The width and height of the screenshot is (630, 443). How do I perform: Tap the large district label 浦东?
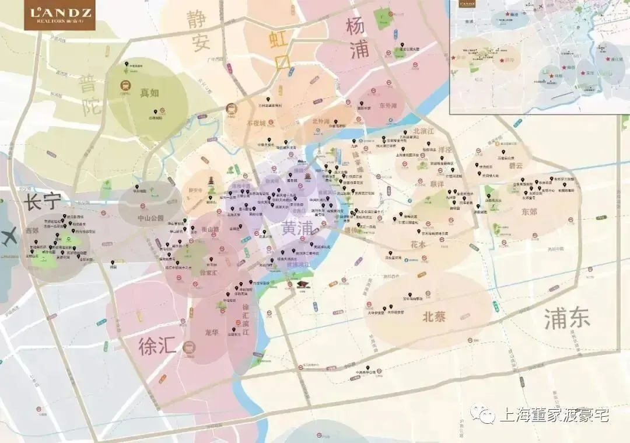point(567,319)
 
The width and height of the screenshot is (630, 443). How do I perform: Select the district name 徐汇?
point(157,346)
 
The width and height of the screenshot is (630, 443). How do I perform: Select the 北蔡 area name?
point(433,317)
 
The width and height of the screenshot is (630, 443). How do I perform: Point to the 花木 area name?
point(418,245)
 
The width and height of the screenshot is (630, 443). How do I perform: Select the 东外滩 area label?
point(387,106)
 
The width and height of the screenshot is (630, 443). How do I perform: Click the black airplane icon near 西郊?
point(10,237)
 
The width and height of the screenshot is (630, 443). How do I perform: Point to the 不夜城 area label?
point(256,123)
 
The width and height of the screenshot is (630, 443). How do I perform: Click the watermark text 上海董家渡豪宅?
point(554,415)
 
